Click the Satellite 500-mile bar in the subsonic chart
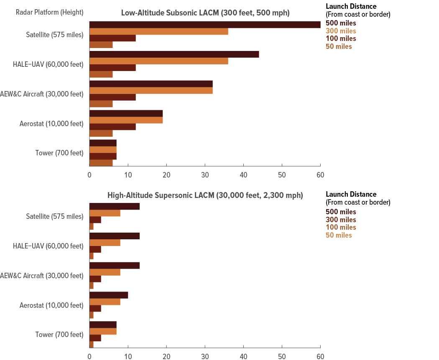coord(205,25)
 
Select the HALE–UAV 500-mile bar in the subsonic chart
coord(174,54)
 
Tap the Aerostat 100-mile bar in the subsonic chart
coord(113,127)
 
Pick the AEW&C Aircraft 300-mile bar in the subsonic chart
coord(151,90)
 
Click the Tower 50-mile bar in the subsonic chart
coord(101,163)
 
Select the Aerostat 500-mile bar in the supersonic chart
coord(109,295)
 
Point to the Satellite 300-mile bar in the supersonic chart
coord(105,213)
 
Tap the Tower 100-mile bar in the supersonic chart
coord(95,338)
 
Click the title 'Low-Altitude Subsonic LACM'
coord(205,13)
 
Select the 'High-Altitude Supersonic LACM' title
coord(205,195)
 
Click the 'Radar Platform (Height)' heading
coord(49,13)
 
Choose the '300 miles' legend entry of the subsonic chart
coord(341,31)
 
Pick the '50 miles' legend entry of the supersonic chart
coord(339,235)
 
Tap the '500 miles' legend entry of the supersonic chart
coord(341,212)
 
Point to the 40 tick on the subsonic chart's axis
coord(243,174)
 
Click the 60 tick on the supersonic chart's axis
coord(320,356)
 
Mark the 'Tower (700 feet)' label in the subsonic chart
coord(59,153)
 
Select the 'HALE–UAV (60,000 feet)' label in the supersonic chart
coord(48,246)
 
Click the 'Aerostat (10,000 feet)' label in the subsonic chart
coord(51,124)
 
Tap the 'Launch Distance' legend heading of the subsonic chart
coord(351,6)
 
